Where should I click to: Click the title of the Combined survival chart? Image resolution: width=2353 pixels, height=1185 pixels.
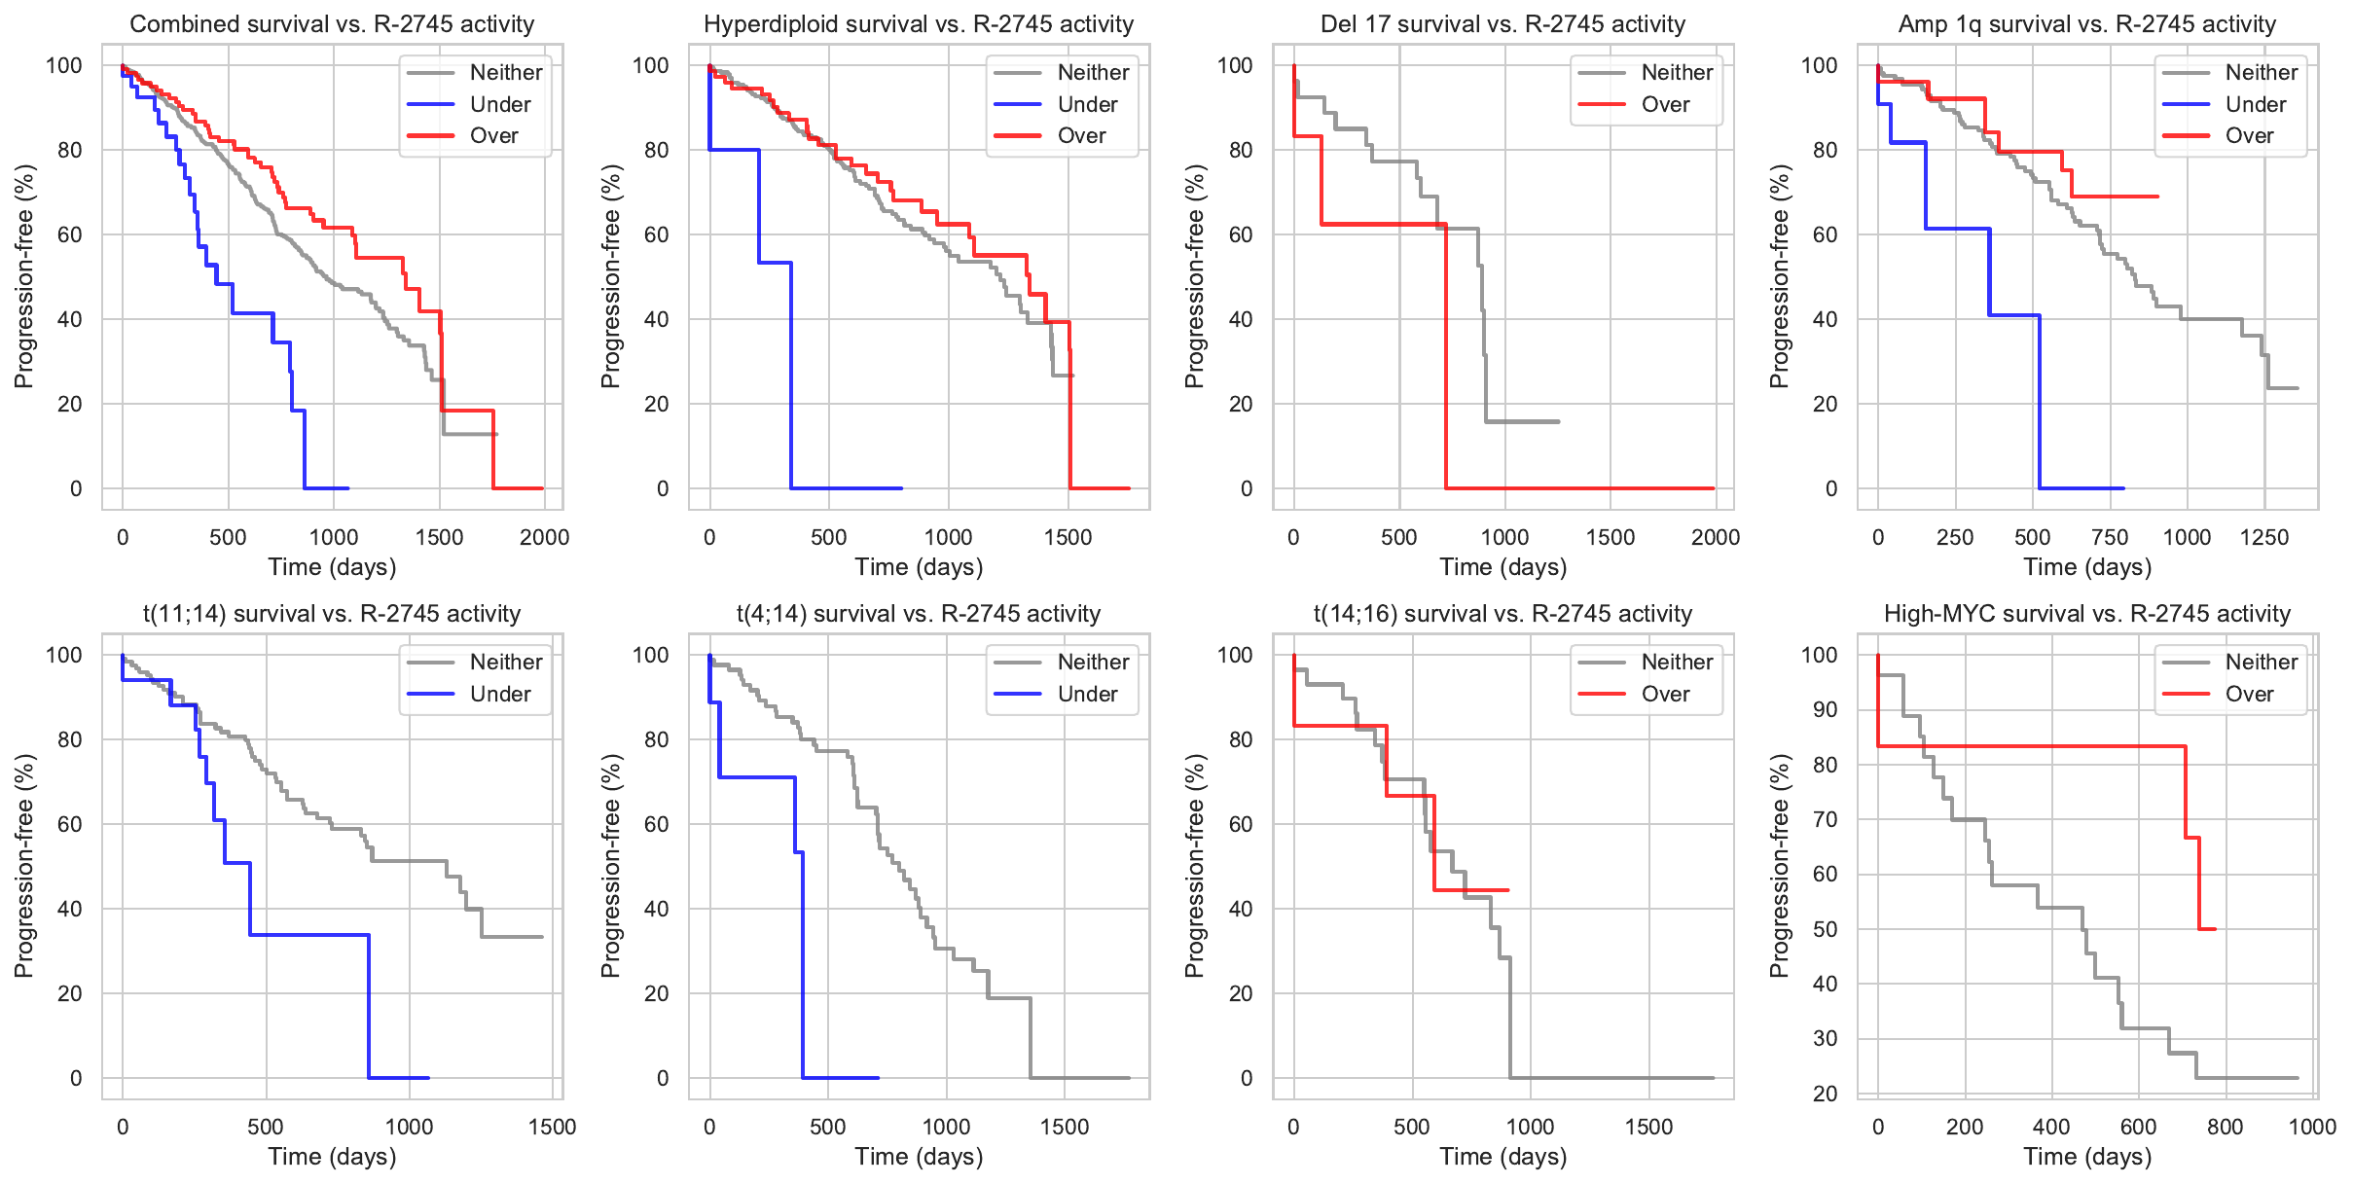[332, 24]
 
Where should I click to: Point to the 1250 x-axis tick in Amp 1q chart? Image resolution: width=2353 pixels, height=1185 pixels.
[2264, 537]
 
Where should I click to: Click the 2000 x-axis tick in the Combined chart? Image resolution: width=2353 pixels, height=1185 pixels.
[544, 537]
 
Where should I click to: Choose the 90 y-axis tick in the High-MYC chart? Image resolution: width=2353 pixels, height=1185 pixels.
[1825, 709]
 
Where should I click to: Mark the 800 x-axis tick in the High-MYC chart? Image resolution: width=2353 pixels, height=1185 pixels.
[2226, 1127]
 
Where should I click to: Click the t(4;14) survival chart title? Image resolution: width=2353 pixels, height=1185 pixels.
[919, 614]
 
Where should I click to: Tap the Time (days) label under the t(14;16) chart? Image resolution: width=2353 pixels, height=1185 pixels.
[1503, 1157]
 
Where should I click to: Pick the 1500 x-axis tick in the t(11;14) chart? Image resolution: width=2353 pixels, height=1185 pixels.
[552, 1127]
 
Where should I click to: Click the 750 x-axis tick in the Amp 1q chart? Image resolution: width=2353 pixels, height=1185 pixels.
[2110, 537]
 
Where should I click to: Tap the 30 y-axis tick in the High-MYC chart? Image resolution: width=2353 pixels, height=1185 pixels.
[1825, 1038]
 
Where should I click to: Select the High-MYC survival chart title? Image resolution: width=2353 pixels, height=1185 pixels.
[2087, 614]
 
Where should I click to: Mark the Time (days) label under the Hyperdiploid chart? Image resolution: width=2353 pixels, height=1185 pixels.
[919, 567]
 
